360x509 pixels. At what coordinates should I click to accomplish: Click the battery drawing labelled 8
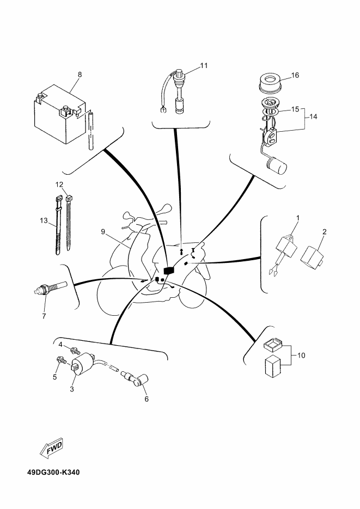60,114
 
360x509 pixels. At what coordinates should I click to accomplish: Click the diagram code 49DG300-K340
53,472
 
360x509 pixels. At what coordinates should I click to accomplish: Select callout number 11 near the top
204,65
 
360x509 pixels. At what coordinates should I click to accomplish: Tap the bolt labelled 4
76,351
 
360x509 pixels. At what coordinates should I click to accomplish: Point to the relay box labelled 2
313,256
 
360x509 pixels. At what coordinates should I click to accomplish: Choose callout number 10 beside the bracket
301,355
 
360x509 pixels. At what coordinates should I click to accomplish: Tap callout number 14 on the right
313,116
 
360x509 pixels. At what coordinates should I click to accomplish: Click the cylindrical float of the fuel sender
277,165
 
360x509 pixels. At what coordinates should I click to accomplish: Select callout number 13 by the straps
44,221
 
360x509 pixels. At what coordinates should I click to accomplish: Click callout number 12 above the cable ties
59,185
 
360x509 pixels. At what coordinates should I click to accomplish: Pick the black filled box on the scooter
169,271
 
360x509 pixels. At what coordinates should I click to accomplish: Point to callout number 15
295,109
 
